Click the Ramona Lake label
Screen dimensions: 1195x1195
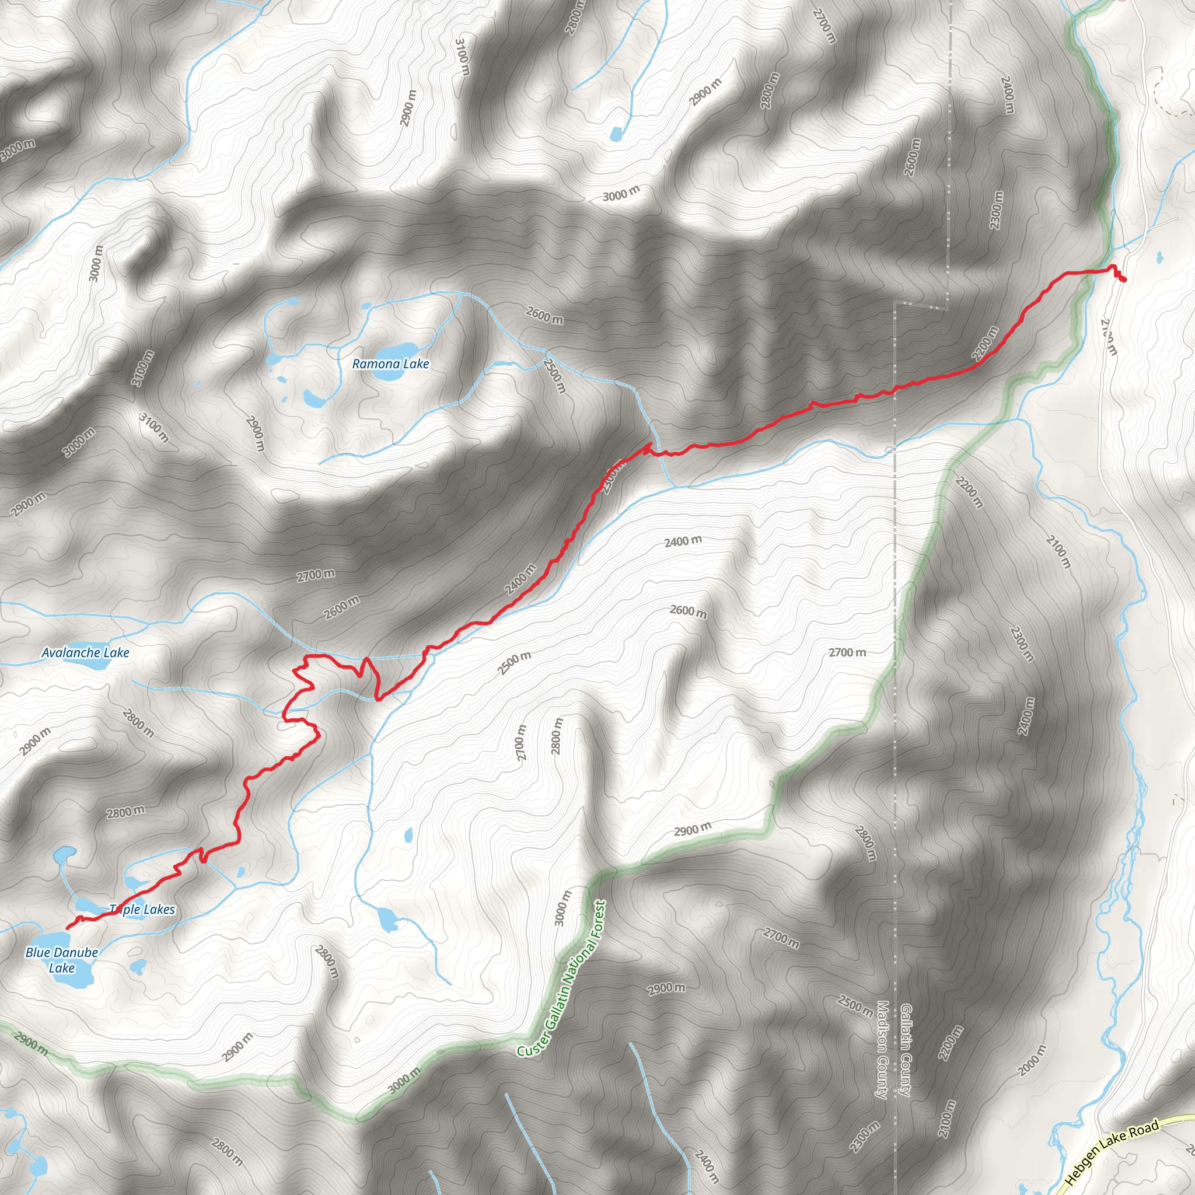tap(390, 364)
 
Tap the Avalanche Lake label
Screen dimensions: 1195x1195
tap(85, 652)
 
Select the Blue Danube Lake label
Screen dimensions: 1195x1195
tap(62, 960)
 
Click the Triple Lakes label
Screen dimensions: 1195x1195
tap(142, 909)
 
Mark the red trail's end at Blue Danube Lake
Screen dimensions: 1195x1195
tap(67, 928)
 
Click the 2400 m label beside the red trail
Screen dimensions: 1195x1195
tap(521, 579)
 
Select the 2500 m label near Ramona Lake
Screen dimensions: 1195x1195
tap(555, 375)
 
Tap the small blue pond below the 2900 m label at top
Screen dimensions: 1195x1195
tap(616, 133)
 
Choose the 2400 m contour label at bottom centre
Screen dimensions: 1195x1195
tap(707, 1166)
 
